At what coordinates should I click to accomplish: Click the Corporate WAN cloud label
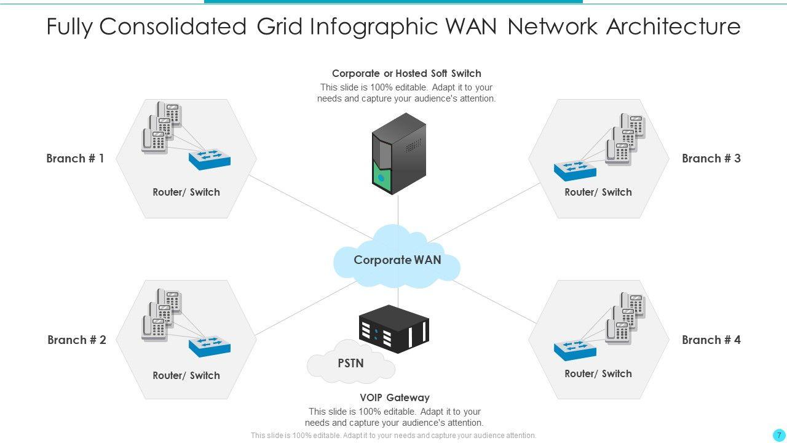[x=397, y=260]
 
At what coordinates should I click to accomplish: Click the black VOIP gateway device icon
[x=393, y=329]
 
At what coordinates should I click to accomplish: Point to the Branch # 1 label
[x=75, y=159]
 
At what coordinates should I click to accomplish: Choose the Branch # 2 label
[x=77, y=340]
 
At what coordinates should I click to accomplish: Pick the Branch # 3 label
[x=711, y=159]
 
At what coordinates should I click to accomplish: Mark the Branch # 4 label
[x=711, y=340]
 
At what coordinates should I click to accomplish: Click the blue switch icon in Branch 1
[x=210, y=159]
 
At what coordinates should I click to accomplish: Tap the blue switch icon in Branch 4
[x=575, y=349]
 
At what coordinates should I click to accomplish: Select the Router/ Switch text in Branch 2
[x=186, y=375]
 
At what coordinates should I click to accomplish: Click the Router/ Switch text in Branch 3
[x=598, y=192]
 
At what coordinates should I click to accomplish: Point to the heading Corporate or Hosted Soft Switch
[x=406, y=74]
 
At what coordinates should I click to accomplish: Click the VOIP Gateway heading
[x=395, y=397]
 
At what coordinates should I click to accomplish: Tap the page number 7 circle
[x=779, y=435]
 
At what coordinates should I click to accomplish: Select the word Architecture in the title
[x=673, y=26]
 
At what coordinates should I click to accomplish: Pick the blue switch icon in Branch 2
[x=210, y=346]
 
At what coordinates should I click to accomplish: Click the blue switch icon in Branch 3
[x=575, y=170]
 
